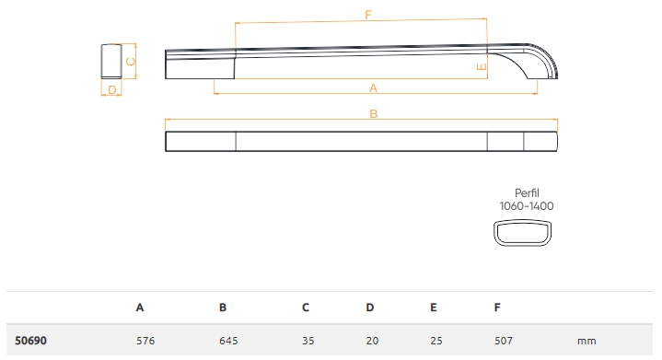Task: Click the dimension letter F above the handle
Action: click(x=368, y=16)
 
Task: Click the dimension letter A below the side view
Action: click(x=373, y=88)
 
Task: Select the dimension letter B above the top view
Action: click(x=374, y=114)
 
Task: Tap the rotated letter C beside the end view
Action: click(x=131, y=62)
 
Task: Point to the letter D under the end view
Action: click(x=112, y=90)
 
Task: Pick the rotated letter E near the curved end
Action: click(x=482, y=67)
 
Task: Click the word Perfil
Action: click(x=527, y=192)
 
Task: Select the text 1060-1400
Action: click(x=527, y=206)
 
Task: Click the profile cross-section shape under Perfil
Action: click(x=523, y=233)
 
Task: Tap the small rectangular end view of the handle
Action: click(x=111, y=61)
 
